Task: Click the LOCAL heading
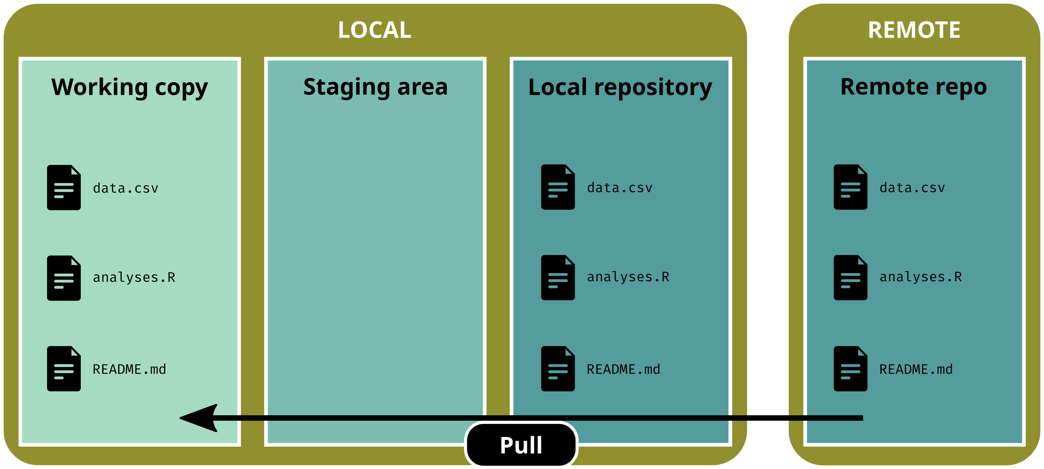pos(375,30)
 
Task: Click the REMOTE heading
pos(914,30)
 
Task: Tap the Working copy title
pos(129,87)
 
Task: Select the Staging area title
pos(375,87)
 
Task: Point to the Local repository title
pos(620,87)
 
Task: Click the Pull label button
pos(521,445)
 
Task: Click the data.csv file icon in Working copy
pos(64,187)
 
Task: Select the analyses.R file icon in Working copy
pos(64,278)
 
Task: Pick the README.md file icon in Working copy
pos(64,369)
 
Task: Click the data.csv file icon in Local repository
pos(558,187)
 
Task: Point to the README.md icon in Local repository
pos(558,369)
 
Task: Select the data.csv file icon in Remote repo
pos(850,187)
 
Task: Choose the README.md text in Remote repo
pos(916,369)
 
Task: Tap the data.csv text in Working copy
pos(125,188)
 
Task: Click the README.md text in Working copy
pos(129,369)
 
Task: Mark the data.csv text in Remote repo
pos(912,188)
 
